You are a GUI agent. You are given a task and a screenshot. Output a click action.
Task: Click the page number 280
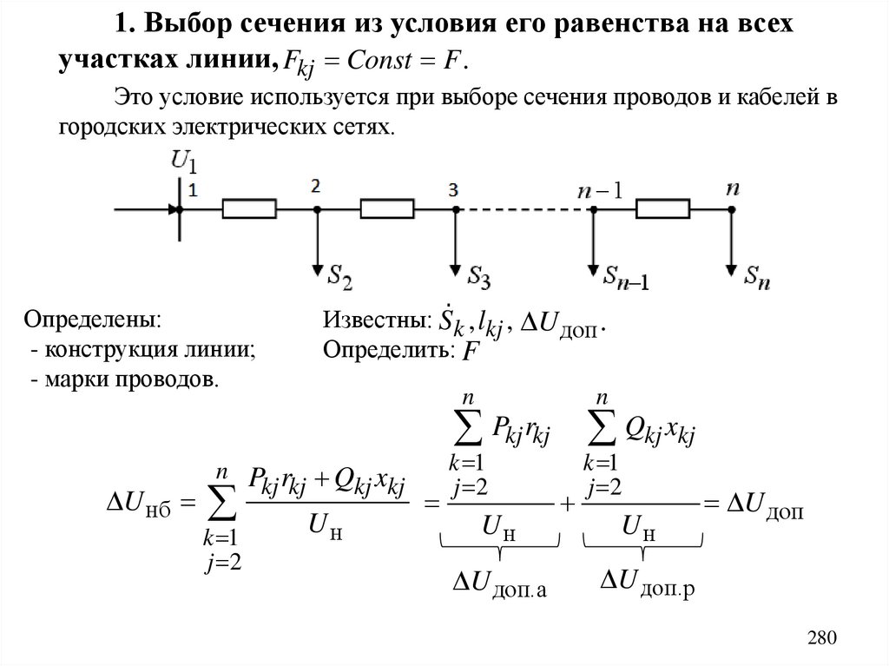820,637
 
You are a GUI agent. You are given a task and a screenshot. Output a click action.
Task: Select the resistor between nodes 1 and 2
249,209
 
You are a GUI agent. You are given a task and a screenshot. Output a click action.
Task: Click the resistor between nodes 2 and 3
387,209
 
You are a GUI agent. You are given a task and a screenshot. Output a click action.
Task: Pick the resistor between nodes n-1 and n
662,209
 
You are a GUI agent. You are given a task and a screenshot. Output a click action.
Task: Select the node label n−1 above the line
599,189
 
